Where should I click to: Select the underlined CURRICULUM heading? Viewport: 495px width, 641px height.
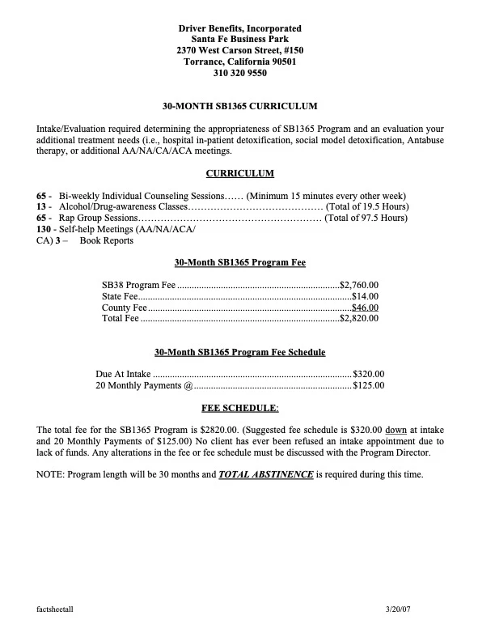click(239, 173)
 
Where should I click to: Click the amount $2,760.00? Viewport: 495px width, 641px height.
click(359, 284)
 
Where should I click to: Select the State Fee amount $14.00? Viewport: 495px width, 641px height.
click(365, 296)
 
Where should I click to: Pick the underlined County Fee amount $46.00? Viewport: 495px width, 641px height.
click(365, 308)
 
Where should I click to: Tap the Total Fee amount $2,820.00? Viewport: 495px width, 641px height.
click(359, 319)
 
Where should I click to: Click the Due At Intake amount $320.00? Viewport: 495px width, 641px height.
click(369, 375)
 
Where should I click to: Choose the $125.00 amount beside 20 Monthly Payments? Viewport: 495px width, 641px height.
click(369, 386)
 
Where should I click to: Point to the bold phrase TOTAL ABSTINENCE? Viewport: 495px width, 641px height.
click(266, 473)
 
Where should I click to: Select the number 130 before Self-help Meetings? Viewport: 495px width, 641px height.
click(45, 230)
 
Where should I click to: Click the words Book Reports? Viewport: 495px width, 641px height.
click(107, 241)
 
